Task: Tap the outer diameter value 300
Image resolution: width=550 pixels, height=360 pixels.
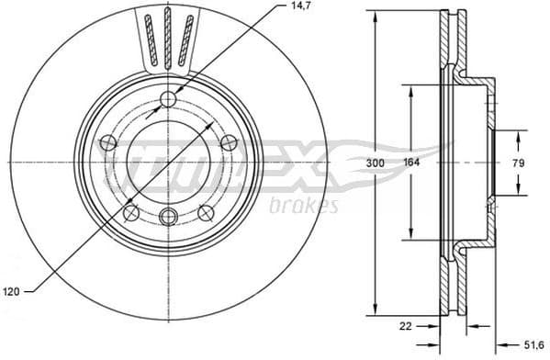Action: pyautogui.click(x=374, y=163)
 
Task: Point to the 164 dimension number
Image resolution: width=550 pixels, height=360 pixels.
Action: pyautogui.click(x=412, y=163)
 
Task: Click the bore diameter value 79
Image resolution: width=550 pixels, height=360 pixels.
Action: pyautogui.click(x=520, y=163)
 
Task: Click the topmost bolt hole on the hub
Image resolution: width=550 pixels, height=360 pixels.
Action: pyautogui.click(x=168, y=99)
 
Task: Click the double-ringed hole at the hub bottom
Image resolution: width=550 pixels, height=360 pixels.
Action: pyautogui.click(x=168, y=217)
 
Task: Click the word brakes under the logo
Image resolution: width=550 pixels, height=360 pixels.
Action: pyautogui.click(x=303, y=206)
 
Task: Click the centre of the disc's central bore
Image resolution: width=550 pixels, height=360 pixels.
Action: pyautogui.click(x=168, y=163)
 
